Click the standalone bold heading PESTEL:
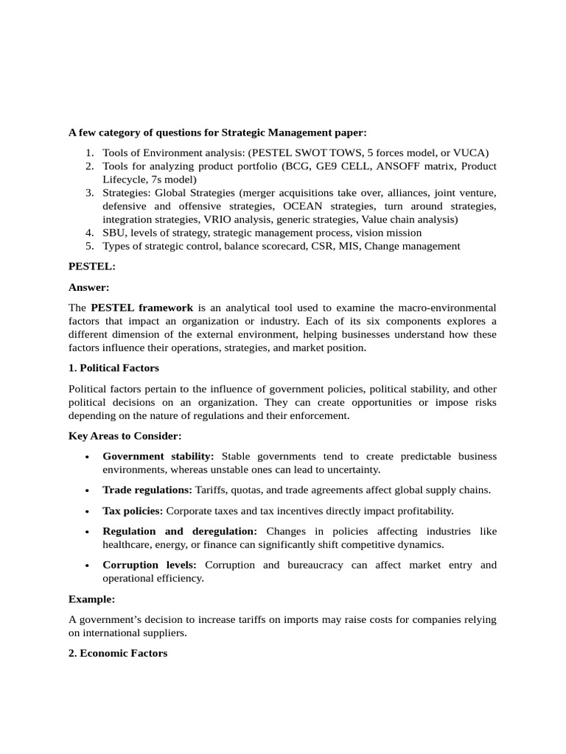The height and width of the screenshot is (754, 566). pyautogui.click(x=92, y=267)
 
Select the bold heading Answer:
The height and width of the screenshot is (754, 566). pyautogui.click(x=89, y=287)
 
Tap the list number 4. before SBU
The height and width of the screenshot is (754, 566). pyautogui.click(x=89, y=233)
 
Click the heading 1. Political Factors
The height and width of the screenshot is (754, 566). pyautogui.click(x=113, y=367)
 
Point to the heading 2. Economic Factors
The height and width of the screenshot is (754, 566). pyautogui.click(x=118, y=653)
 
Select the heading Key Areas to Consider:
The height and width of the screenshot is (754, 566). pyautogui.click(x=125, y=436)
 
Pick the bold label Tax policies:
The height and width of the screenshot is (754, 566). pyautogui.click(x=133, y=510)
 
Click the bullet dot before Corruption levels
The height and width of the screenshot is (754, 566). pyautogui.click(x=88, y=565)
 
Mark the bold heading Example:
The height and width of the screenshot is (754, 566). pyautogui.click(x=92, y=599)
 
